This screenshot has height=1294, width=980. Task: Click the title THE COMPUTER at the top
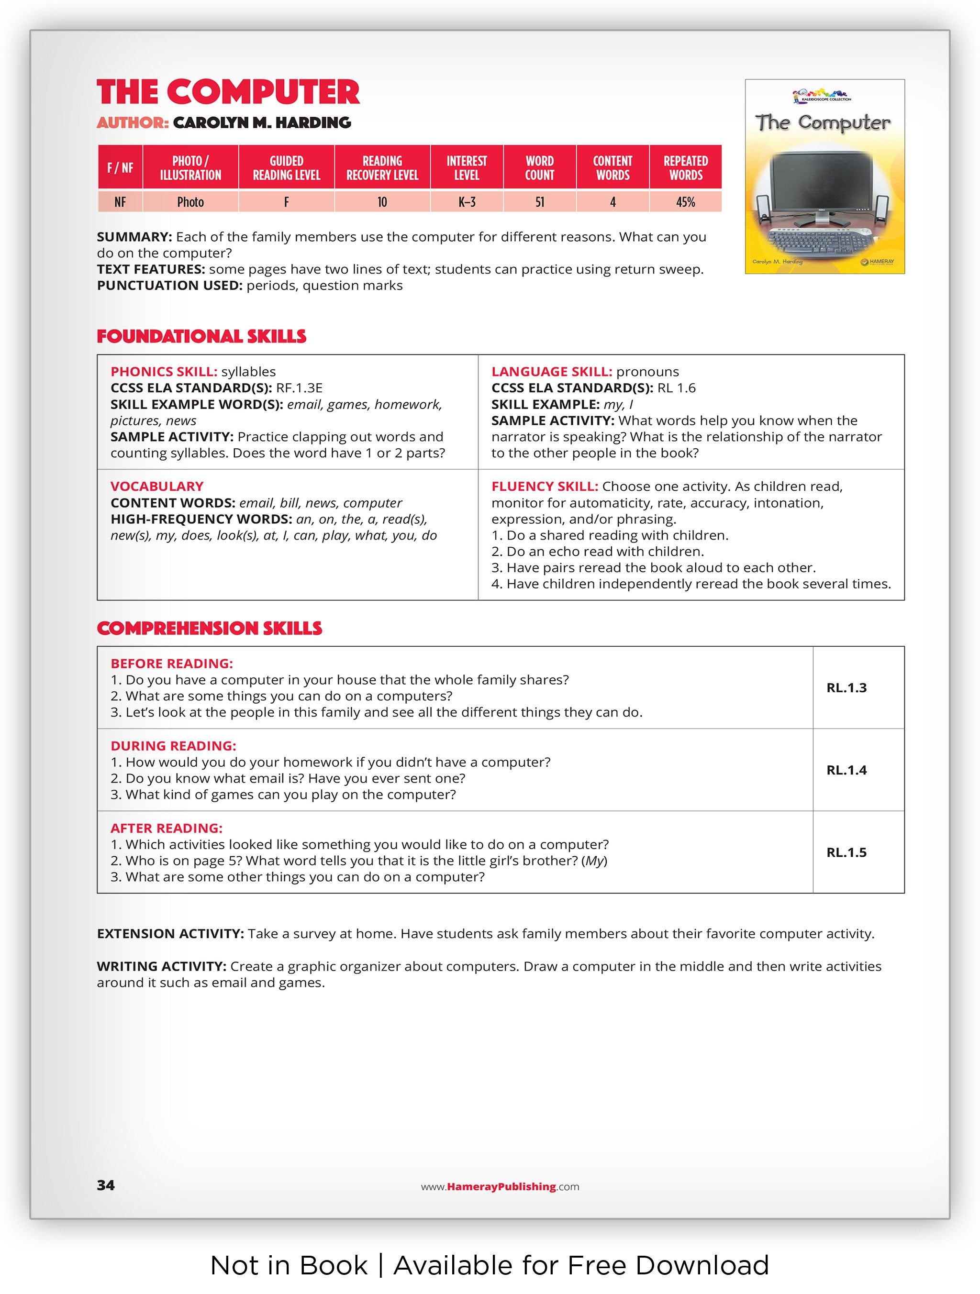coord(228,92)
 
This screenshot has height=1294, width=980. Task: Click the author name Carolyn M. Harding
coord(262,123)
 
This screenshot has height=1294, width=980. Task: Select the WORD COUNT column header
coord(539,168)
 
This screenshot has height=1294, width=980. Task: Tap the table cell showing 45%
coord(685,202)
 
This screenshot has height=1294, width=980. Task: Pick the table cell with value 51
coord(539,202)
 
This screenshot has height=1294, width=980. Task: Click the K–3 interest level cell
coord(466,202)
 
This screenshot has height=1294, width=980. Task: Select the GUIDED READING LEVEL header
coord(286,168)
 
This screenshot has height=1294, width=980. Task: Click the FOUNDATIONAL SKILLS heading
coord(201,336)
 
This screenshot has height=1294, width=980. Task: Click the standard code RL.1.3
coord(846,688)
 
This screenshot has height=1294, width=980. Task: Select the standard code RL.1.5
coord(846,852)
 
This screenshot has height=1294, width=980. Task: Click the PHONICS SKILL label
coord(164,372)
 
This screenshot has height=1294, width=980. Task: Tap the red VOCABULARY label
coord(157,487)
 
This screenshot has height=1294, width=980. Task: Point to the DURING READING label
coord(173,746)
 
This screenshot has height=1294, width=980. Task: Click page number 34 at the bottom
coord(106,1185)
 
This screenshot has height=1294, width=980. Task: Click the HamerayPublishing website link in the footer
coord(500,1186)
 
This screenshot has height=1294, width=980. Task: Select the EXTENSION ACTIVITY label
coord(170,934)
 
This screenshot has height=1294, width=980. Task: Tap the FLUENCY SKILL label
coord(544,487)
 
